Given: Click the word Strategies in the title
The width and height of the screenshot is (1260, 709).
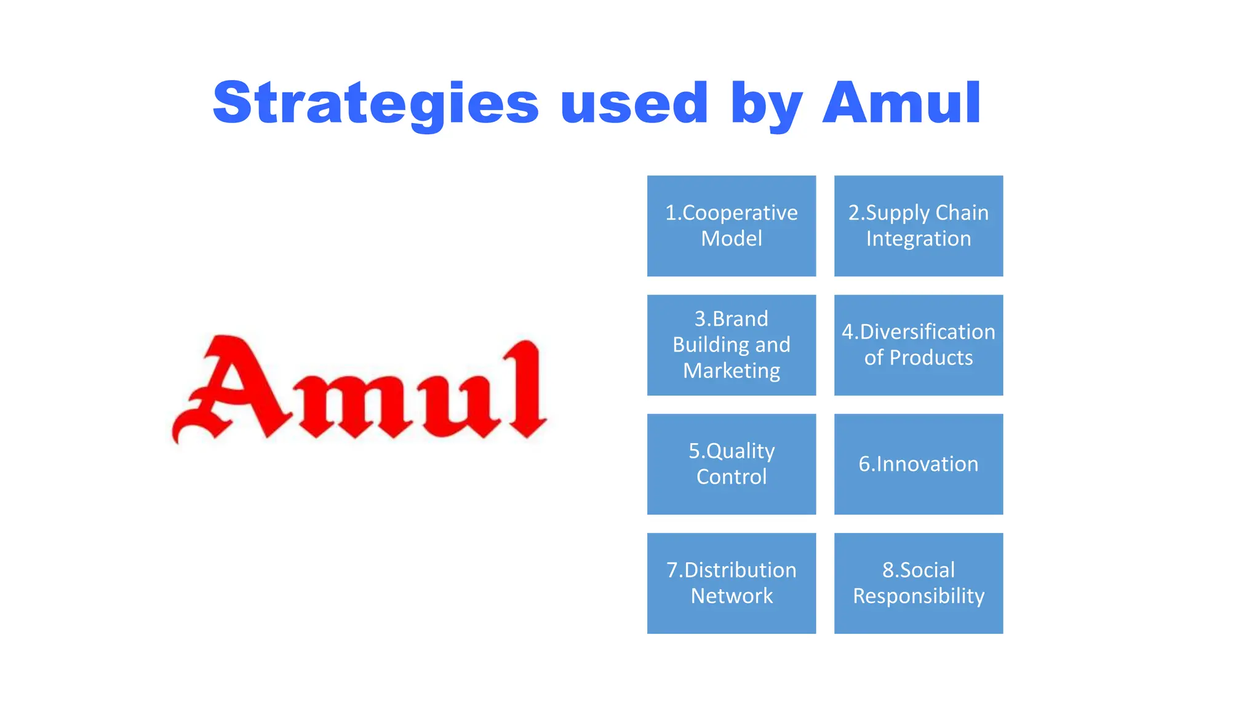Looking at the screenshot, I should pos(375,103).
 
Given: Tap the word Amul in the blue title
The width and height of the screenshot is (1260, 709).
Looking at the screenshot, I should pos(901,103).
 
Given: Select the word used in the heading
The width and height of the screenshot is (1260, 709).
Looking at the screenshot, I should pos(634,103).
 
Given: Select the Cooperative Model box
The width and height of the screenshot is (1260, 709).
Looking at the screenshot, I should pos(732,226).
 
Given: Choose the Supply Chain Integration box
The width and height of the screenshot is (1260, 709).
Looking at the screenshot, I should pos(919,226).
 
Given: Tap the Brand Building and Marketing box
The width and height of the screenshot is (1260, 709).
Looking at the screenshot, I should pos(732,345).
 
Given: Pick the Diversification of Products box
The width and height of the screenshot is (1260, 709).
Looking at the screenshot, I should pos(919,345).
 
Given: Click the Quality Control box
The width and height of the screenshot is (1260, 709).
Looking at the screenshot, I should pos(732,464).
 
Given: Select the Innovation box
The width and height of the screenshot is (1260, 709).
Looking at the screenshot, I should pos(919,464).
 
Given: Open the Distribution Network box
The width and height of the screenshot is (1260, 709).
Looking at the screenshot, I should pos(732,583).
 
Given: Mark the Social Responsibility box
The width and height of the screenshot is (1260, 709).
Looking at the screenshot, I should pos(919,583).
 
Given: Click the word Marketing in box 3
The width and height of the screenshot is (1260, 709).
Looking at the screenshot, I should pos(732,371).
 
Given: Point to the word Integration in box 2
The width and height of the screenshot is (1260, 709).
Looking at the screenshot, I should pos(919,239).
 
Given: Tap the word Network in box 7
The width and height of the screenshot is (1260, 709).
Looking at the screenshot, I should pos(732,596).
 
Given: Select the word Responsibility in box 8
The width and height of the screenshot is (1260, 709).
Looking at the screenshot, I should pos(919,596).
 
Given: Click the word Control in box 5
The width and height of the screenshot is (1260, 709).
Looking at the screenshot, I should pos(732,477).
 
